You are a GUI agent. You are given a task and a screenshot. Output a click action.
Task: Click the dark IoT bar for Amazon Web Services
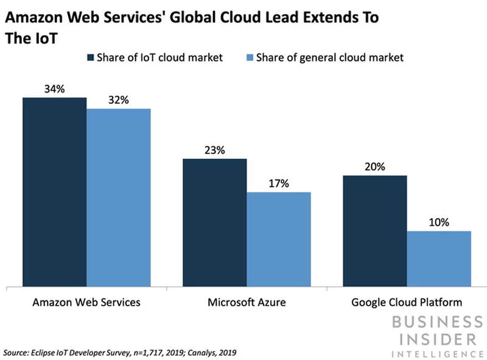coord(54,191)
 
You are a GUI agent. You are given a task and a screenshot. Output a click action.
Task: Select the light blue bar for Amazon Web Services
coord(118,197)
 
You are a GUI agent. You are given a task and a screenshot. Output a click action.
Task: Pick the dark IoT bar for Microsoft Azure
coord(214,222)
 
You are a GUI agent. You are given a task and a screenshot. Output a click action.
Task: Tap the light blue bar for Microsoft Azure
coord(279,239)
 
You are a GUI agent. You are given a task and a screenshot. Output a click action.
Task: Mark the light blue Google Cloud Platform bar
coord(439,258)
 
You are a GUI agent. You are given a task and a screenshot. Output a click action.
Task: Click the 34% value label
coord(54,89)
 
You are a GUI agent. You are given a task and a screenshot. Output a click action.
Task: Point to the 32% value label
coord(118,100)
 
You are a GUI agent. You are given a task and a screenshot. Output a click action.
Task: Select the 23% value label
coord(214,150)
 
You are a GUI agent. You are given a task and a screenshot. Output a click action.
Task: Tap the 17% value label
coord(279,183)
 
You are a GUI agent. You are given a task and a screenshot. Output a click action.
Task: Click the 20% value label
coord(375,167)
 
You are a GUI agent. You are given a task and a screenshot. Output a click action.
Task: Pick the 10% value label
coord(439,222)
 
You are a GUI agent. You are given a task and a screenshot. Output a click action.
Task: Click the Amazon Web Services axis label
coord(86,302)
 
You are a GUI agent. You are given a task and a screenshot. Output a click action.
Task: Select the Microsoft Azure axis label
coord(247,302)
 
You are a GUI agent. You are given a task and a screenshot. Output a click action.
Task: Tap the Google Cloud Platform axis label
coord(407,302)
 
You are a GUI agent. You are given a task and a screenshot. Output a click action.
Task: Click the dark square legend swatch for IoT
coord(91,58)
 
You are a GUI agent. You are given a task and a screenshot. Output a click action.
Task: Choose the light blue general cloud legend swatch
coord(248,58)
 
